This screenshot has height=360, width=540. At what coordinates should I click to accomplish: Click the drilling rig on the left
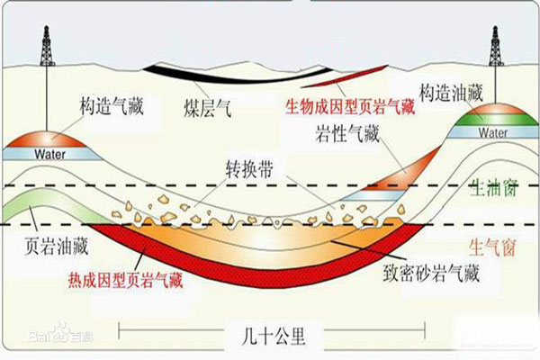(46, 44)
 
